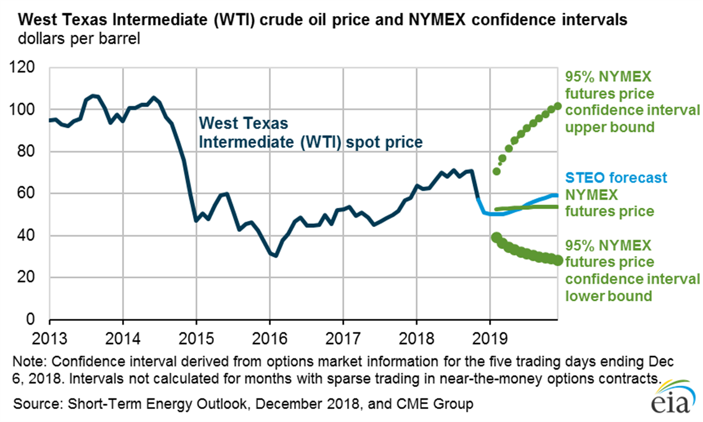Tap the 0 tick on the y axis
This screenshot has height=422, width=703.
[34, 320]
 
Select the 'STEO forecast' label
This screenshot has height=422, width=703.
[616, 178]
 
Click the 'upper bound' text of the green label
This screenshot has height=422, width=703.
[601, 127]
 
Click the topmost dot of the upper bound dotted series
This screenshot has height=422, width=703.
[557, 105]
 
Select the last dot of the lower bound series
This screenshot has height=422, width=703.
[558, 261]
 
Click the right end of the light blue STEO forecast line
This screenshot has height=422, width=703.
[557, 196]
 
